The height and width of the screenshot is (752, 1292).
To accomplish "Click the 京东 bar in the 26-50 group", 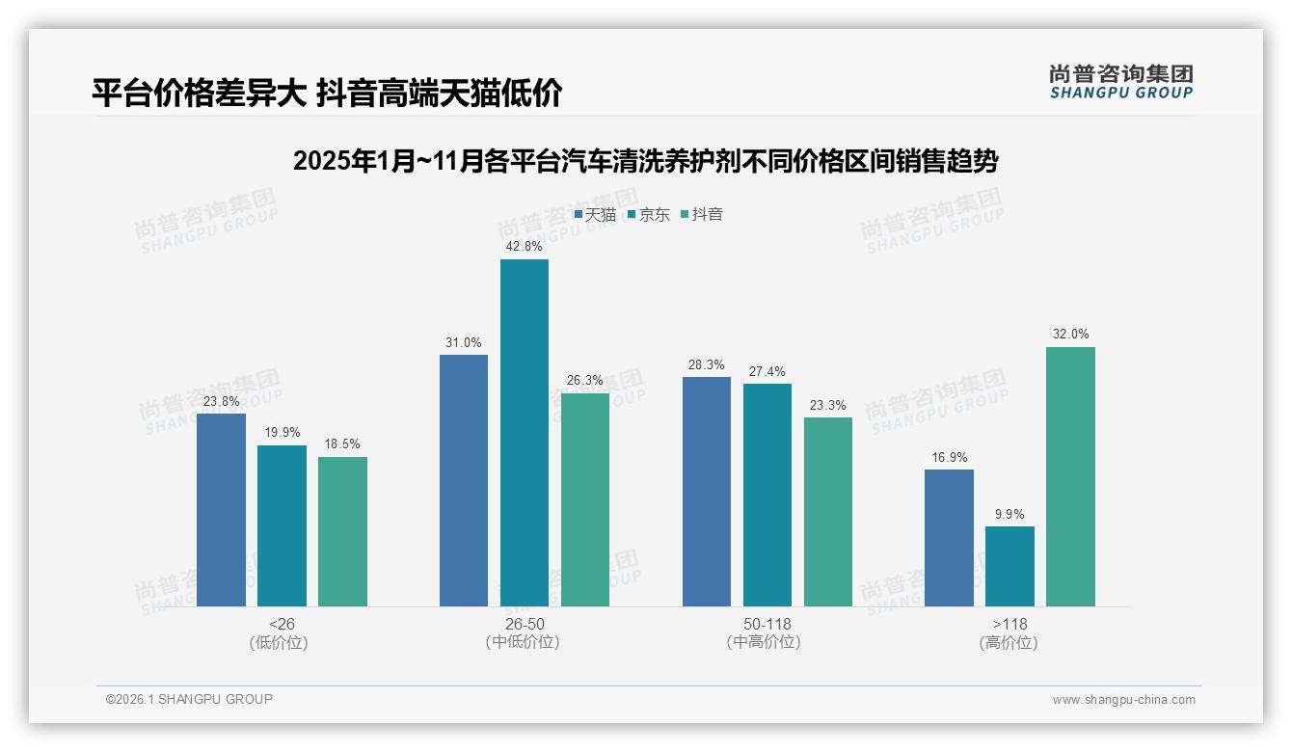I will click(524, 433).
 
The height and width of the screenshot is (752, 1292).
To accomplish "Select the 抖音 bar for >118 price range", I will click(1070, 476).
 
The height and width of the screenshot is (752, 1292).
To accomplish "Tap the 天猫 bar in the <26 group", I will click(221, 510).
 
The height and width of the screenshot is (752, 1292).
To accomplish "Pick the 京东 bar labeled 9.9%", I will click(1009, 566).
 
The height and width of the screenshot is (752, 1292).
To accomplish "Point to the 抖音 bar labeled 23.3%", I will click(827, 512).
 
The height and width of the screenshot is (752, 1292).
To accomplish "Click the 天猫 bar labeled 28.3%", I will click(706, 492).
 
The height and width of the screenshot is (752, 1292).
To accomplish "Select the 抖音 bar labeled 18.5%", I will click(342, 531).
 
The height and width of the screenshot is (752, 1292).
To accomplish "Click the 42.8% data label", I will click(524, 247).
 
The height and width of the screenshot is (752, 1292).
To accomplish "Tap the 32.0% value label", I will click(1070, 335).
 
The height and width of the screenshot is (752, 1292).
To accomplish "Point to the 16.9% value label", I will click(949, 457).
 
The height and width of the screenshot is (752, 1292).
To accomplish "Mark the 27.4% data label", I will click(767, 371).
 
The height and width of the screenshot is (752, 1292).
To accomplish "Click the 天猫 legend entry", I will click(595, 215).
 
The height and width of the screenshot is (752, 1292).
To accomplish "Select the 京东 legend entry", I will click(649, 215).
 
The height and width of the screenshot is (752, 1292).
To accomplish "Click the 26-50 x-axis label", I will click(524, 624).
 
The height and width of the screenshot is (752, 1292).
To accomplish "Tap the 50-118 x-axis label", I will click(767, 624).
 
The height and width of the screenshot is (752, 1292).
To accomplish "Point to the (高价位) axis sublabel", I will click(1009, 643).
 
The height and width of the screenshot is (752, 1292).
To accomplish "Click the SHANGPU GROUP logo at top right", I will click(1120, 81).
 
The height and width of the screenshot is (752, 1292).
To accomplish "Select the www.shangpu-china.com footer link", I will click(1123, 700).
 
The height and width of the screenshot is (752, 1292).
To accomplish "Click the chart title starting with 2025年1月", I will click(645, 161).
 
